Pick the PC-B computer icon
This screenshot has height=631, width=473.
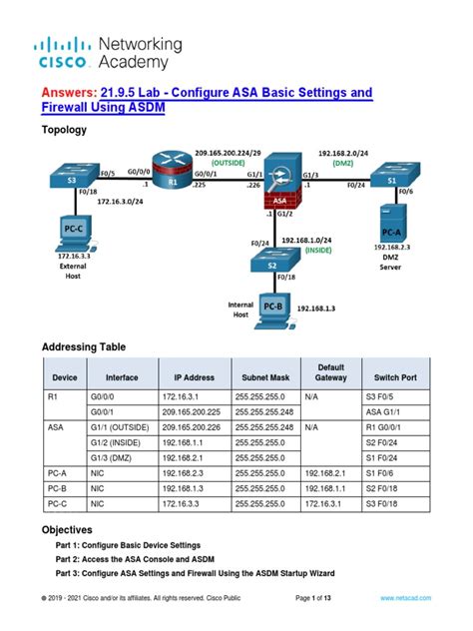pyautogui.click(x=272, y=308)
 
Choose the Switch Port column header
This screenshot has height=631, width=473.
pyautogui.click(x=399, y=378)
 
